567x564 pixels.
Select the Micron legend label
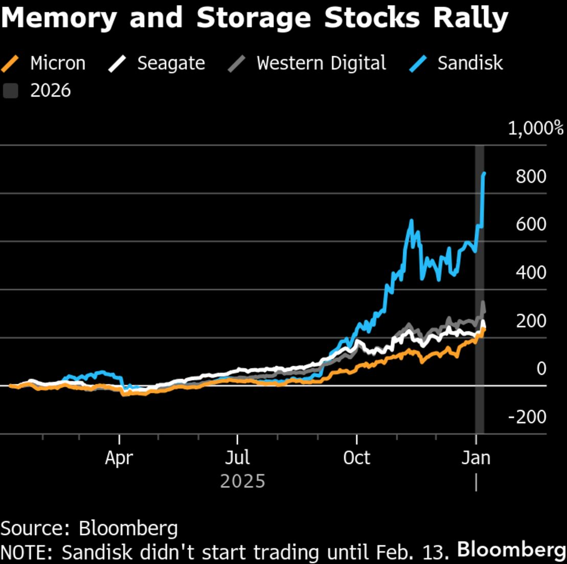pyautogui.click(x=57, y=63)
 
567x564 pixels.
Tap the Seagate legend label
pyautogui.click(x=171, y=63)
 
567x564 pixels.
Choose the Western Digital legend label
pyautogui.click(x=321, y=63)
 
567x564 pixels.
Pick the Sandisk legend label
pyautogui.click(x=470, y=63)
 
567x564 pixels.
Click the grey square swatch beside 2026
pyautogui.click(x=10, y=91)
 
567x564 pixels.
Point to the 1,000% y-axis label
pyautogui.click(x=535, y=128)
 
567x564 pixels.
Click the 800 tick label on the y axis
pyautogui.click(x=531, y=177)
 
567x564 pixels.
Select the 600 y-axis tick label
pyautogui.click(x=531, y=225)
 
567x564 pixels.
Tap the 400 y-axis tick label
pyautogui.click(x=531, y=273)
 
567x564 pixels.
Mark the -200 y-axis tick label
pyautogui.click(x=527, y=417)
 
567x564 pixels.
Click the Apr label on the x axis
pyautogui.click(x=119, y=458)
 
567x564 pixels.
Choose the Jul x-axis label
pyautogui.click(x=238, y=458)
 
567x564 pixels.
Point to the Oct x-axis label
pyautogui.click(x=356, y=458)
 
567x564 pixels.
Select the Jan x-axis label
pyautogui.click(x=476, y=458)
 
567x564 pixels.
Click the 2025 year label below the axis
pyautogui.click(x=243, y=481)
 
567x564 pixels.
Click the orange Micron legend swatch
pyautogui.click(x=10, y=64)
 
